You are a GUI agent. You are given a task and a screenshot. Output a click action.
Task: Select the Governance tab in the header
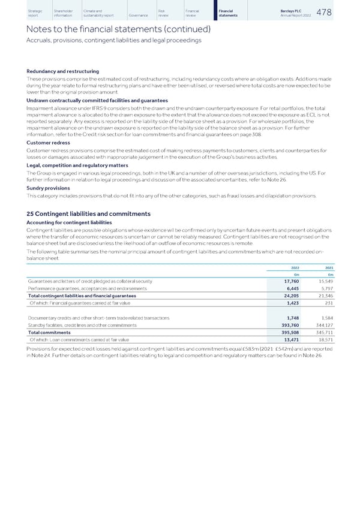(138, 15)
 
